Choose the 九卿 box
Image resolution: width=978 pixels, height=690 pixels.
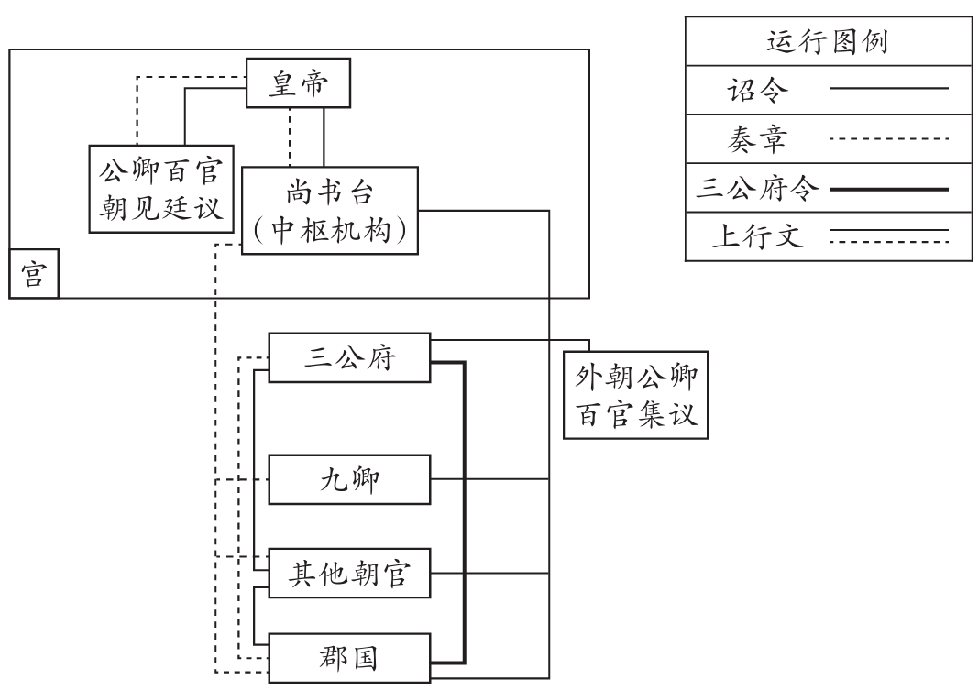coord(348,479)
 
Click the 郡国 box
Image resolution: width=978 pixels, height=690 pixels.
coord(348,658)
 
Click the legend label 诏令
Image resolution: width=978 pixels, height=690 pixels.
coord(750,90)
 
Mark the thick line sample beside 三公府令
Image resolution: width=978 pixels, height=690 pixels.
coord(887,190)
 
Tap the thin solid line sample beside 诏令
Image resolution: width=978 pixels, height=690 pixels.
coord(887,89)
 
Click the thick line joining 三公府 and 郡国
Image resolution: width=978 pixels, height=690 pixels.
coord(465,513)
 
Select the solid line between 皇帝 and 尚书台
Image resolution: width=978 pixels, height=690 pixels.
coord(324,137)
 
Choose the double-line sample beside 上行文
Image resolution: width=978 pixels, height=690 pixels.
coord(887,239)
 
